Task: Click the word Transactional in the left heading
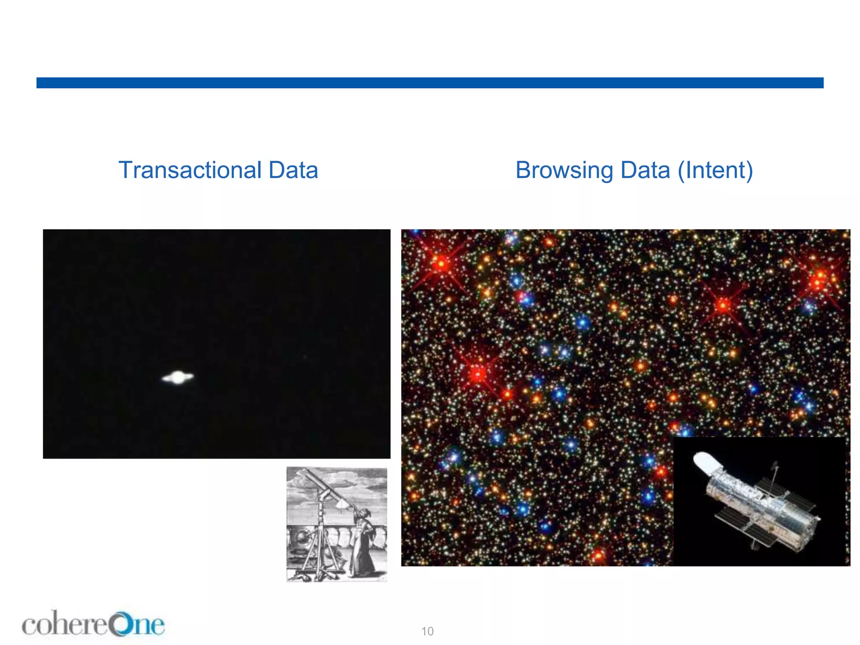pos(190,170)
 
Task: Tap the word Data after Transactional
pos(293,170)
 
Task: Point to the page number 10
pos(427,631)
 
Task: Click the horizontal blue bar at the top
pos(430,83)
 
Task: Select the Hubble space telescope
pos(760,504)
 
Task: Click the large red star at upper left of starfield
pos(441,264)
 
